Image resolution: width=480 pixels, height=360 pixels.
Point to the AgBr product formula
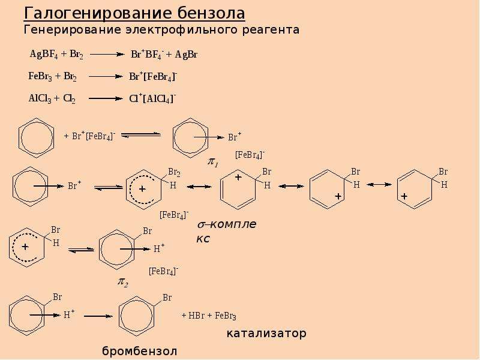186,55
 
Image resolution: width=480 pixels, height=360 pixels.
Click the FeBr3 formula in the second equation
40,76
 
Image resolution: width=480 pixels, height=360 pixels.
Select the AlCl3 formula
40,98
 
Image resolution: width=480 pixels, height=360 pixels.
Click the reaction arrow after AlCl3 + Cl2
106,98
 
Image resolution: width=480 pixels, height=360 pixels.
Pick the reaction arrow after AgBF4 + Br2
107,55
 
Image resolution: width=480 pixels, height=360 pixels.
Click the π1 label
213,162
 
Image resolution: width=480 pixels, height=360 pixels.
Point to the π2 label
123,282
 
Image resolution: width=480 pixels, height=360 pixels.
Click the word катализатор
266,334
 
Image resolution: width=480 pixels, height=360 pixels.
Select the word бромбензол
140,351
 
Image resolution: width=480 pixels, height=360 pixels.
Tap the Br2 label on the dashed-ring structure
174,173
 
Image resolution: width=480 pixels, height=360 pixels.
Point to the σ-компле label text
227,224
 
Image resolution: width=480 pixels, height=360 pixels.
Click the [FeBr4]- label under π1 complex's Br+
250,155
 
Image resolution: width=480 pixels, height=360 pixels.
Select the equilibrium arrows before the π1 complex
141,134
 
